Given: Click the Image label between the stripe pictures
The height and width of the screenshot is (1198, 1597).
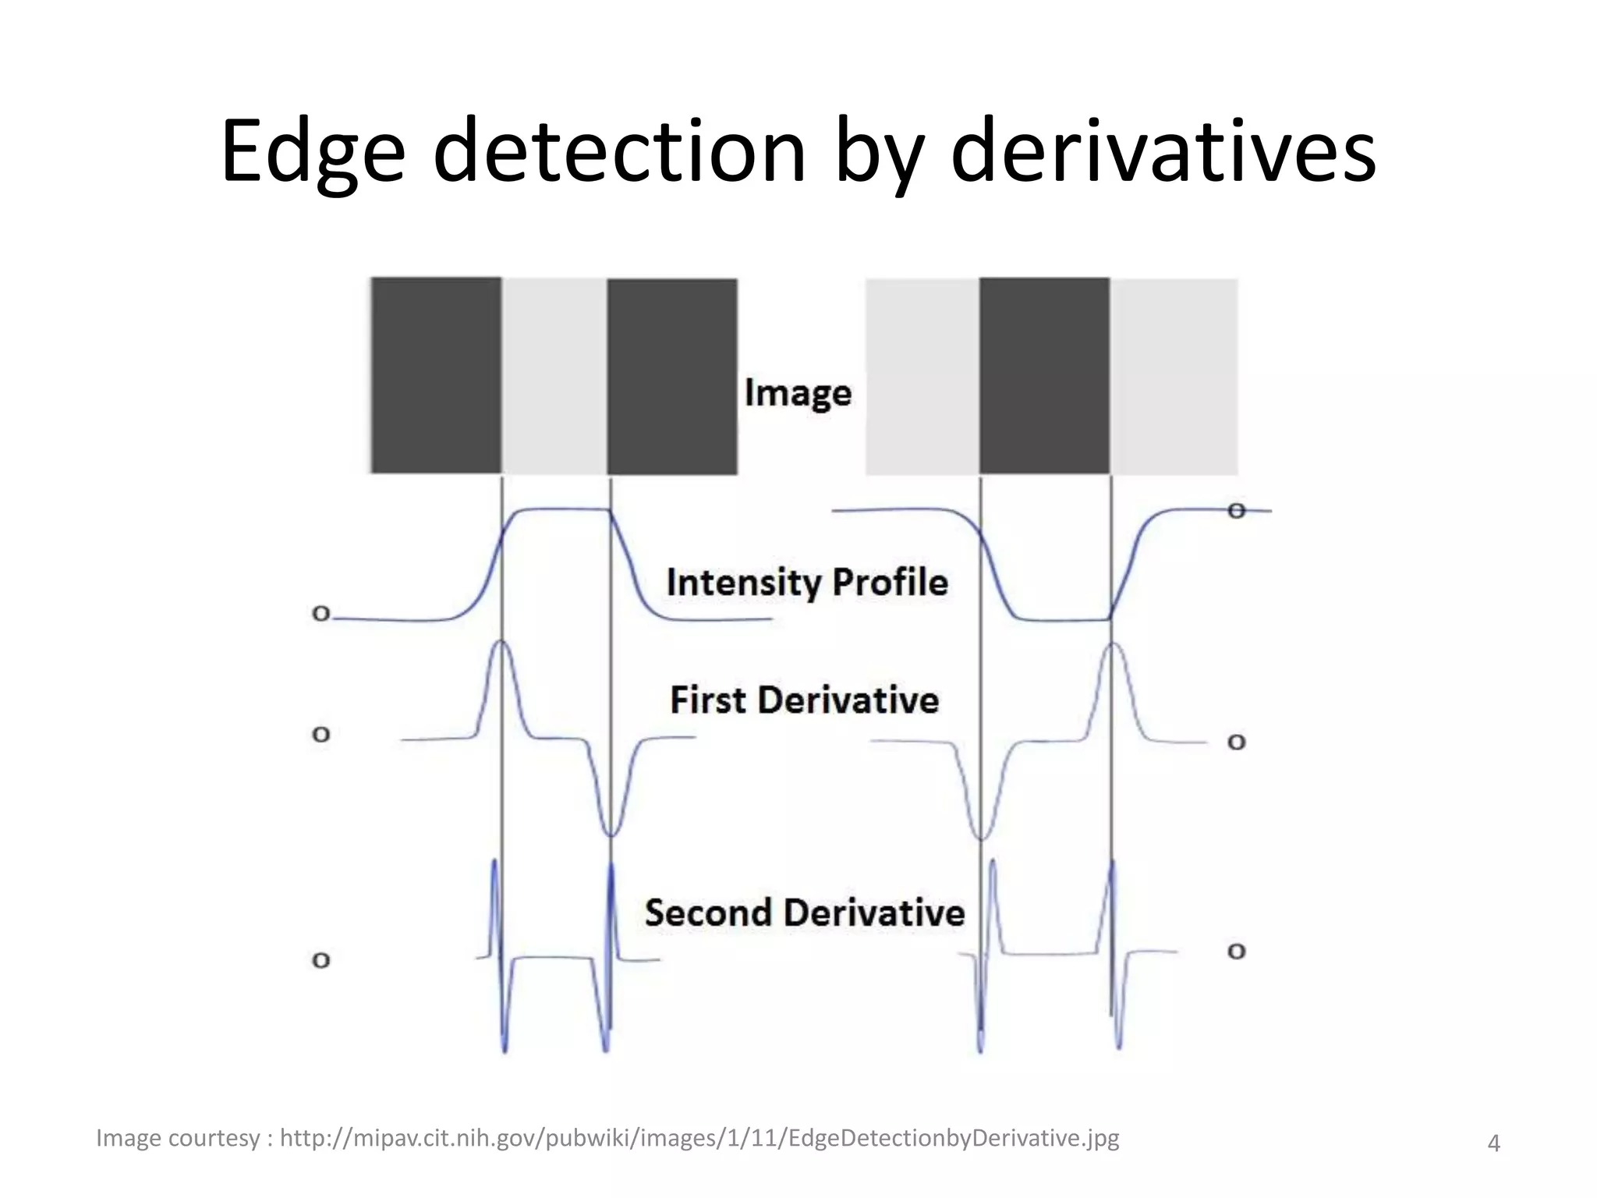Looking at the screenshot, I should click(x=798, y=393).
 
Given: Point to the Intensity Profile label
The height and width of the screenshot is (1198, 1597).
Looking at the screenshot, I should click(x=807, y=583).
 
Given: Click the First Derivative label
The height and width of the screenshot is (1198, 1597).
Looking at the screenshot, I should click(x=804, y=700).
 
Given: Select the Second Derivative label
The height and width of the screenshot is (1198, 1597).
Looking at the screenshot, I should click(x=805, y=913).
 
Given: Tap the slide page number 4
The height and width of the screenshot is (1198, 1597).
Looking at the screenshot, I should click(x=1493, y=1143).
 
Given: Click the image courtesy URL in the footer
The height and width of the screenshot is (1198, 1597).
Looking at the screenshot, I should click(x=699, y=1138).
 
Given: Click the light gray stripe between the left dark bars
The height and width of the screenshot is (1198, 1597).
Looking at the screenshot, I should click(x=554, y=376).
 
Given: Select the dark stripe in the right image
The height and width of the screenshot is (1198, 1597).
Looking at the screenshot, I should click(x=1044, y=376).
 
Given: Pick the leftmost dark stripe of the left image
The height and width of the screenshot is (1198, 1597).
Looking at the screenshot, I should click(x=436, y=376).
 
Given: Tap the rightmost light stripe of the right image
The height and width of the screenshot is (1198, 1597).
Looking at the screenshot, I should click(x=1174, y=376).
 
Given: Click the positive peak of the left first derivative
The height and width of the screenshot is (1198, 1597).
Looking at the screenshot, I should click(x=501, y=643).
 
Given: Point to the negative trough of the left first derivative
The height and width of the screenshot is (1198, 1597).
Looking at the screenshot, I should click(x=611, y=834).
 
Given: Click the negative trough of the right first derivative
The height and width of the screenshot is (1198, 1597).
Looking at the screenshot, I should click(x=982, y=837).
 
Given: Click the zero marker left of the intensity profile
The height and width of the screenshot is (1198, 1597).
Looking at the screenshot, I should click(x=320, y=614).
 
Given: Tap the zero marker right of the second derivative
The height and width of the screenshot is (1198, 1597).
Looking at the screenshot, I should click(x=1237, y=952).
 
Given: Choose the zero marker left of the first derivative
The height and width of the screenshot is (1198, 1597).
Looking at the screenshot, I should click(x=320, y=735).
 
